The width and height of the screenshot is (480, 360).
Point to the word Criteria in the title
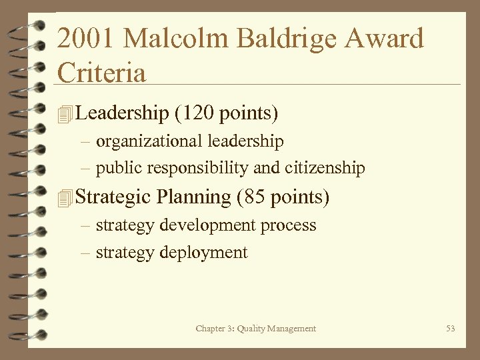(101, 73)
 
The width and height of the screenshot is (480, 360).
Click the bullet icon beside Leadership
(64, 115)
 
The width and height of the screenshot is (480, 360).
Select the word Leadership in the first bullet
(123, 113)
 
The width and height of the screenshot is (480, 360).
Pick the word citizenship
(325, 168)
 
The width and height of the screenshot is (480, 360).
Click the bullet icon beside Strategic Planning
(64, 199)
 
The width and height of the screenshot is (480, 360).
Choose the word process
(289, 226)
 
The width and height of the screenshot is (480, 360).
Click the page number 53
(451, 328)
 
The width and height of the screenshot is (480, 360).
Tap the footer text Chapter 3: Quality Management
(256, 328)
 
